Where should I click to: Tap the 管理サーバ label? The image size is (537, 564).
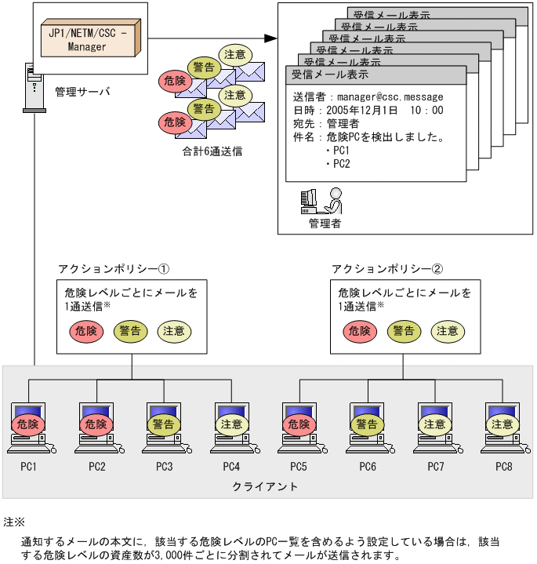click(x=82, y=92)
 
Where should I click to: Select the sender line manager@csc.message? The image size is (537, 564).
click(x=368, y=97)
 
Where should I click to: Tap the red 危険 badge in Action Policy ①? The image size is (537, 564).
click(x=85, y=331)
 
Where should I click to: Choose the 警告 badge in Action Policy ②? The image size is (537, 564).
click(x=403, y=331)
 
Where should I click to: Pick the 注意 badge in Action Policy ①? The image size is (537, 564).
click(x=173, y=331)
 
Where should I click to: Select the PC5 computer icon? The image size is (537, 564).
click(x=299, y=428)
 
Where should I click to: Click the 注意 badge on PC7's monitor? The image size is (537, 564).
click(x=434, y=424)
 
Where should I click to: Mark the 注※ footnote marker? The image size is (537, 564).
click(x=14, y=522)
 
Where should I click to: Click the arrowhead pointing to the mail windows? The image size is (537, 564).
click(x=270, y=38)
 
